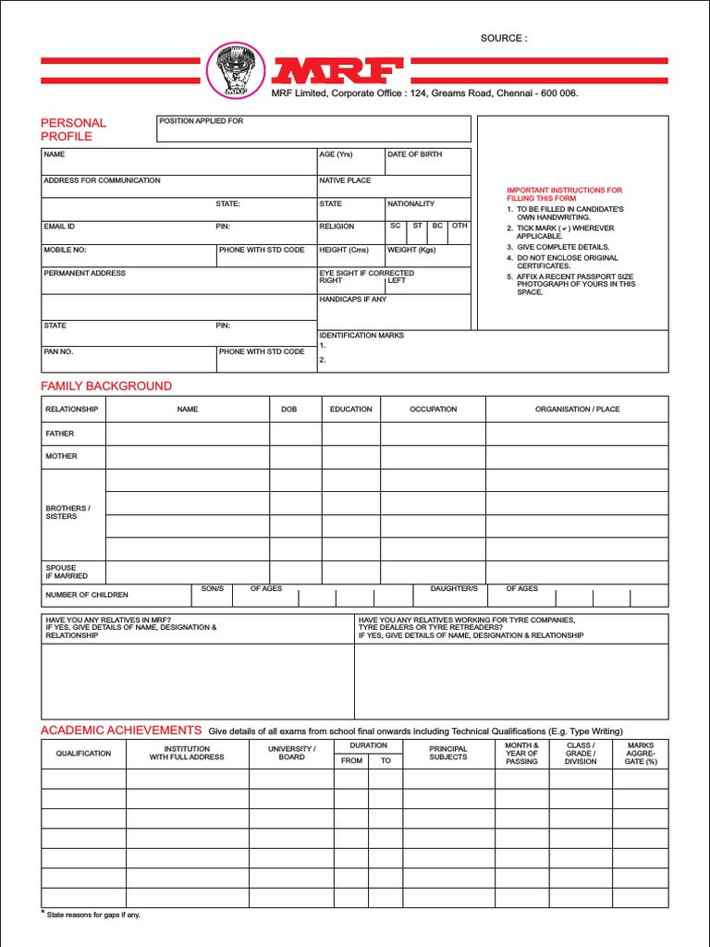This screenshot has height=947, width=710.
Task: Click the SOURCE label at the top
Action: pos(503,38)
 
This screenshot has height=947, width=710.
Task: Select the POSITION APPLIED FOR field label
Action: pos(202,121)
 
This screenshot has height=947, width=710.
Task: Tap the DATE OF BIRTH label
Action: pos(414,154)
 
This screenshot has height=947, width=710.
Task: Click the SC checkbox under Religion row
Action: pos(396,226)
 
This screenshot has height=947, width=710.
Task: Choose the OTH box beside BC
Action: pos(459,226)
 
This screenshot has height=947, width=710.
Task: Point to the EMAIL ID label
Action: pos(59,226)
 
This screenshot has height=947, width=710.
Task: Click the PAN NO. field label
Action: pos(58,351)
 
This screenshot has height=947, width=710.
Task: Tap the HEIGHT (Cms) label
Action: pos(344,250)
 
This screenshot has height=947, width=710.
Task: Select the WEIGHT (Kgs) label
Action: pos(411,250)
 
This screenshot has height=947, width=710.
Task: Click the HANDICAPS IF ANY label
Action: pos(353,300)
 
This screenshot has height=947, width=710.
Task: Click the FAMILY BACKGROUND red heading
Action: pos(106,386)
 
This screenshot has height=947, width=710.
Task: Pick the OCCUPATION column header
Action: pos(433,409)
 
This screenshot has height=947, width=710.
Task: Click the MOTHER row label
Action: pos(62,456)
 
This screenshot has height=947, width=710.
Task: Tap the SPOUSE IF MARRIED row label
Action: pos(67,572)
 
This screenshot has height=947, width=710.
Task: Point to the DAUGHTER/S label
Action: pos(454,588)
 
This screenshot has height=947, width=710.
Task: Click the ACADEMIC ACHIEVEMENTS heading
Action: pos(121,730)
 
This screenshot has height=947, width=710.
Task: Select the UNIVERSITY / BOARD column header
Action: pos(292,753)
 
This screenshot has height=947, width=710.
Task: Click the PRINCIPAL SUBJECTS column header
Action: pos(448,753)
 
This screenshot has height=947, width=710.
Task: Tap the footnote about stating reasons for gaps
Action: pos(92,915)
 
